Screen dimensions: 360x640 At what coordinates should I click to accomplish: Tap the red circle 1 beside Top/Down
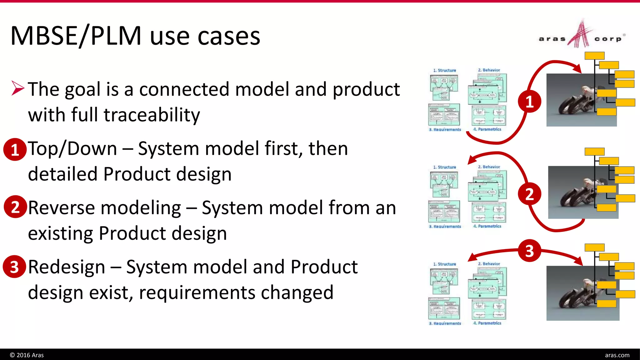coord(15,150)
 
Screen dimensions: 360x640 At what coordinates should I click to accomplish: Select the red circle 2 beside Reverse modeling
coord(15,207)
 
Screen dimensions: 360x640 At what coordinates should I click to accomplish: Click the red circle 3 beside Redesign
coord(14,267)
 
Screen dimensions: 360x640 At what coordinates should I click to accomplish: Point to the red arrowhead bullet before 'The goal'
coord(18,88)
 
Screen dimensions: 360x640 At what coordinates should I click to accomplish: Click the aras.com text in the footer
coord(617,355)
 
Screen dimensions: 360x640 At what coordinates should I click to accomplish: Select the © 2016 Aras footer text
coord(27,355)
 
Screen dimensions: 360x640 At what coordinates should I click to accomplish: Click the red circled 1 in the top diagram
coord(529,102)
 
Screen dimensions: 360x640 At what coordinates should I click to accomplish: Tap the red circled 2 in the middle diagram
coord(529,194)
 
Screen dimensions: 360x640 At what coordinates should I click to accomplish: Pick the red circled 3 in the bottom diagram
coord(529,251)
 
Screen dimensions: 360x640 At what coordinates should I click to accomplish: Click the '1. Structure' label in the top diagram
coord(444,70)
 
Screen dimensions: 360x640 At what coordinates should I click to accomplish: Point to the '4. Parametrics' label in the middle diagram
coord(487,226)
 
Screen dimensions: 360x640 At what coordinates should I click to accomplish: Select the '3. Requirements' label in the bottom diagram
coord(445,323)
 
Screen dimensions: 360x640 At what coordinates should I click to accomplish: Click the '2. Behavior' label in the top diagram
coord(489,70)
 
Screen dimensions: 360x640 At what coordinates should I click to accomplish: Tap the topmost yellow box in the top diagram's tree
coord(594,56)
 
